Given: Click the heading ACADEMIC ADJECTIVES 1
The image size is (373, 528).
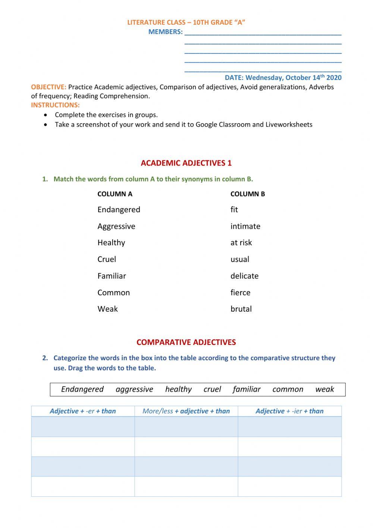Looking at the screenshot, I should pyautogui.click(x=186, y=163).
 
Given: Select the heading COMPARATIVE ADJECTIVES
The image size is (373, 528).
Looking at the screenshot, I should pyautogui.click(x=186, y=342).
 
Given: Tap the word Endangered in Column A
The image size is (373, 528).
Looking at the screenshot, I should pyautogui.click(x=119, y=210).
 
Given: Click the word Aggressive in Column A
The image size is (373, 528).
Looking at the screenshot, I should pyautogui.click(x=116, y=226).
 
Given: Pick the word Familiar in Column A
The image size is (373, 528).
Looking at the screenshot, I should pyautogui.click(x=112, y=276).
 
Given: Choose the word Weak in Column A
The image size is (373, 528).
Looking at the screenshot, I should pyautogui.click(x=107, y=309).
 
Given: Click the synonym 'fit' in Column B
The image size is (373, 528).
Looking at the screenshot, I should pyautogui.click(x=234, y=210).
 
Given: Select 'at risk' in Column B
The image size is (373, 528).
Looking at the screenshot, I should pyautogui.click(x=241, y=243).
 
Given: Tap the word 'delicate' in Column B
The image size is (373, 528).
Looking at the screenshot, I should pyautogui.click(x=244, y=276).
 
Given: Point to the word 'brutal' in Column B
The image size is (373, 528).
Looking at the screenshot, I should pyautogui.click(x=241, y=309).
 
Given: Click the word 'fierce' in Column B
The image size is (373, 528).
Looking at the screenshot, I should pyautogui.click(x=240, y=293).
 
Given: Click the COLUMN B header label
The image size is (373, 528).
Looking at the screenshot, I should pyautogui.click(x=248, y=194).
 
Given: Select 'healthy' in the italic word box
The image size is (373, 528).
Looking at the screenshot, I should pyautogui.click(x=178, y=389).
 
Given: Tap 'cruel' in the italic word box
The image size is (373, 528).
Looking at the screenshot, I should pyautogui.click(x=212, y=389).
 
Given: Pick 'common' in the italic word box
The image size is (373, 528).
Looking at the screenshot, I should pyautogui.click(x=288, y=389).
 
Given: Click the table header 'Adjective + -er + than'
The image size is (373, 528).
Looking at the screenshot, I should pyautogui.click(x=83, y=411).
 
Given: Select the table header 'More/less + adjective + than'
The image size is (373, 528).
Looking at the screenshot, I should pyautogui.click(x=186, y=411).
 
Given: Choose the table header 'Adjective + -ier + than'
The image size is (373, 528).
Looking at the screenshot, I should pyautogui.click(x=289, y=411).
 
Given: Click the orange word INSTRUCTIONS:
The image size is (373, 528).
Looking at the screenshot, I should pyautogui.click(x=55, y=105).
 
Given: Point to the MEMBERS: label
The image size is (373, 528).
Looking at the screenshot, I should pyautogui.click(x=166, y=32).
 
